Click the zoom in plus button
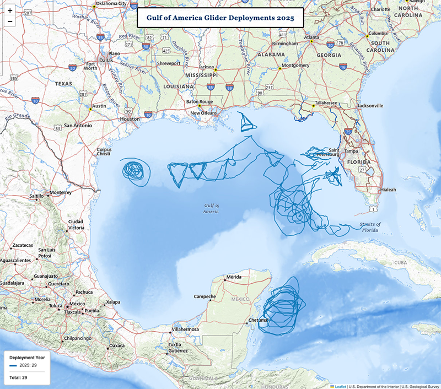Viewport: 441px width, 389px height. coord(9,10)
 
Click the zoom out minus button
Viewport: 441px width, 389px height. coord(9,22)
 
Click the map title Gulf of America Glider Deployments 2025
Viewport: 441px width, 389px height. coord(220,18)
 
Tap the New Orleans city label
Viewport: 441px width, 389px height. coord(205,113)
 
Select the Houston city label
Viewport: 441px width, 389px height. coord(130,118)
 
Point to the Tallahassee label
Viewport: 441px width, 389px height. coord(326,103)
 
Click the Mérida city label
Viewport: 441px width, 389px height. coord(234,277)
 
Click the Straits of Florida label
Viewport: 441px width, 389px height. coord(370,227)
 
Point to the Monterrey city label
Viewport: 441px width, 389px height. coord(61,193)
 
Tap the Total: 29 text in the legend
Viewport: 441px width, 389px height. coord(18,377)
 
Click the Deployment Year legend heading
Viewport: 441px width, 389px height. coord(27,357)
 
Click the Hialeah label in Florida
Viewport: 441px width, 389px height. coord(388,190)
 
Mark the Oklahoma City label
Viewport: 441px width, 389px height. coord(111,3)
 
